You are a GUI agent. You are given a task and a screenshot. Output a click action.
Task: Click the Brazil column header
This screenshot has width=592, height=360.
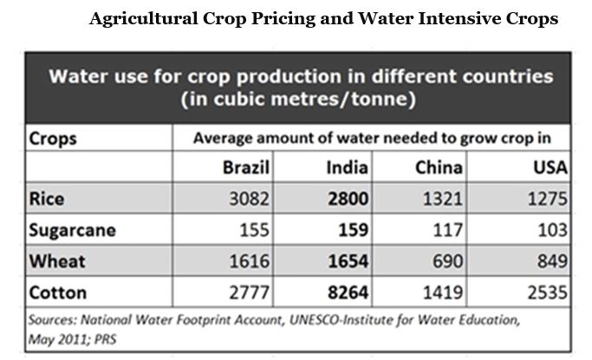click(x=247, y=167)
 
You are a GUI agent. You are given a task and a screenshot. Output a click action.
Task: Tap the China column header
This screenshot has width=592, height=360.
click(x=439, y=167)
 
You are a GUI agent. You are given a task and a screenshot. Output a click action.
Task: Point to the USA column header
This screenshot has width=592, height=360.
click(x=550, y=167)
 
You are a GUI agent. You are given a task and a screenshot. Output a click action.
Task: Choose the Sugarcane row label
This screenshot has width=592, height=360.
click(x=72, y=230)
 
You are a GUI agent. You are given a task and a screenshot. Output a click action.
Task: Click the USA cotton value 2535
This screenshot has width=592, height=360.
click(x=548, y=292)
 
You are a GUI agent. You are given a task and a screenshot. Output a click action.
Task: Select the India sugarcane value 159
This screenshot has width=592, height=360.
click(x=354, y=230)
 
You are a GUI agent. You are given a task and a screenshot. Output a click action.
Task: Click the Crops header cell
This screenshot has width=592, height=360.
click(x=53, y=138)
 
